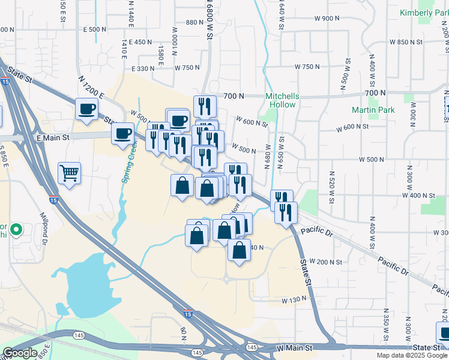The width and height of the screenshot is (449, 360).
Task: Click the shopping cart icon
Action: coord(69,173)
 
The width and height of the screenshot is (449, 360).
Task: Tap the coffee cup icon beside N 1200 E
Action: coord(86,109)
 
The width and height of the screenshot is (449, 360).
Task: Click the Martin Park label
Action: coord(373,110)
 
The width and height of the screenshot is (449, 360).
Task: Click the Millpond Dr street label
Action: coord(44,225)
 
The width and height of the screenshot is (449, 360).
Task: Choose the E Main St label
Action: coord(53,137)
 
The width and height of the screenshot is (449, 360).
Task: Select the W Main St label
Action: coord(295,348)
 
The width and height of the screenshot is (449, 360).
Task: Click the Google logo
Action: coord(20,353)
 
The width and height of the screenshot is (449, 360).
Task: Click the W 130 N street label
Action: coord(294,299)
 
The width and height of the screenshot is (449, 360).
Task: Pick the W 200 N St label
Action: coord(327,262)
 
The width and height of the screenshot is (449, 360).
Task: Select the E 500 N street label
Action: coord(95,29)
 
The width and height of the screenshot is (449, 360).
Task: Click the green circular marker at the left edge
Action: coord(17,229)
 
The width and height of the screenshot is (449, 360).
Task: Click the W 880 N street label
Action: coord(196,22)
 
